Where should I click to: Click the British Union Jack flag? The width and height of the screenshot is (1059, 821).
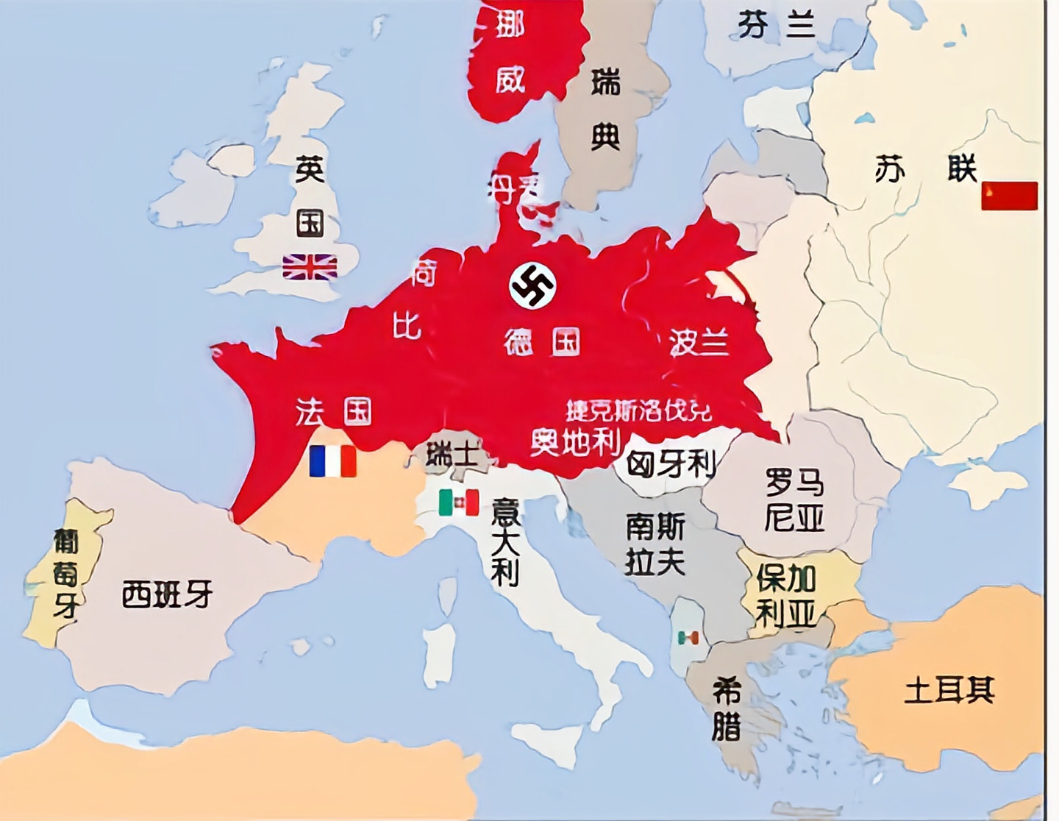[x=310, y=267]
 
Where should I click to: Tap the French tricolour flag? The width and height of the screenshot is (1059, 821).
[x=332, y=461]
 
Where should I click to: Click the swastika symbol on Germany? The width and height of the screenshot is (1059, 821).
[x=532, y=285]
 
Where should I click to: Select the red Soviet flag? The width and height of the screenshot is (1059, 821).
[x=1009, y=196]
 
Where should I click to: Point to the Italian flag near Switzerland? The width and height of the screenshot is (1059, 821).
[x=459, y=503]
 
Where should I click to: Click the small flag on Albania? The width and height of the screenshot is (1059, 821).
[x=688, y=638]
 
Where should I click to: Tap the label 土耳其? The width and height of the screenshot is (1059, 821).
[x=949, y=690]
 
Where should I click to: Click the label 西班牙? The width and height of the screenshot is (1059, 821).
[x=167, y=594]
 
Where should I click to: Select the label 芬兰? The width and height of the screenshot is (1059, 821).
[x=777, y=26]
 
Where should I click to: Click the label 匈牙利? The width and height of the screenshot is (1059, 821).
[x=671, y=463]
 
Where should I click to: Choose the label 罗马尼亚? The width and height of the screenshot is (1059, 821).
[x=794, y=500]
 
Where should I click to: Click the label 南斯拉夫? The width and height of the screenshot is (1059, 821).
[x=655, y=544]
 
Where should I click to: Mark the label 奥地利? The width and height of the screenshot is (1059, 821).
[x=576, y=441]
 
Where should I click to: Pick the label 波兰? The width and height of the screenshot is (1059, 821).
[x=699, y=342]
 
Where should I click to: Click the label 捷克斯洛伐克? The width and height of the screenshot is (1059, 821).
[x=638, y=410]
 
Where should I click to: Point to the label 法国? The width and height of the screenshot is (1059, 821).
[x=333, y=412]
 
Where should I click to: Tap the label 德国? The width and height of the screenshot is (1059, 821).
[x=542, y=342]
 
